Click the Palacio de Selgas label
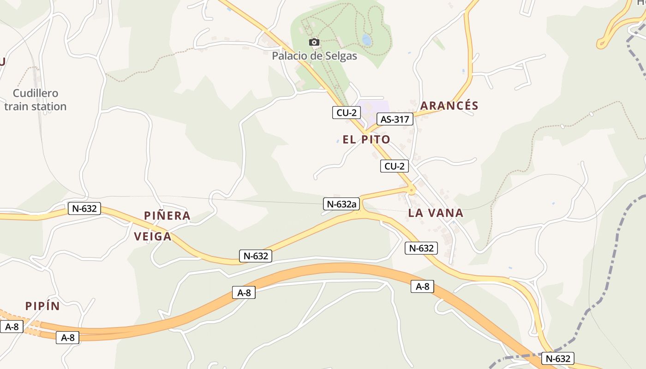point(314,56)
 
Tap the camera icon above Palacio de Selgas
point(314,42)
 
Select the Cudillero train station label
point(35,100)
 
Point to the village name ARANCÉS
point(449,106)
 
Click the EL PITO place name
point(366,139)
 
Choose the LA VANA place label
point(436,213)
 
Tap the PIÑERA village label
point(167,215)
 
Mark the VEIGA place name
point(152,237)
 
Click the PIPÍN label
point(42,306)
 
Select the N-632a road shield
point(341,204)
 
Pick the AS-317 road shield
point(395,119)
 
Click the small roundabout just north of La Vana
point(411,189)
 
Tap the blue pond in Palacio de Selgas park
point(367,40)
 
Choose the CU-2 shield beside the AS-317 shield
point(346,112)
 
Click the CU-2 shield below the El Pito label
point(395,166)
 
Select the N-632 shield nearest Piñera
point(84,208)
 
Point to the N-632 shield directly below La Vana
point(421,248)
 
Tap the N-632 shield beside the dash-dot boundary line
point(558,358)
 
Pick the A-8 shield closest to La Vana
point(422,286)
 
